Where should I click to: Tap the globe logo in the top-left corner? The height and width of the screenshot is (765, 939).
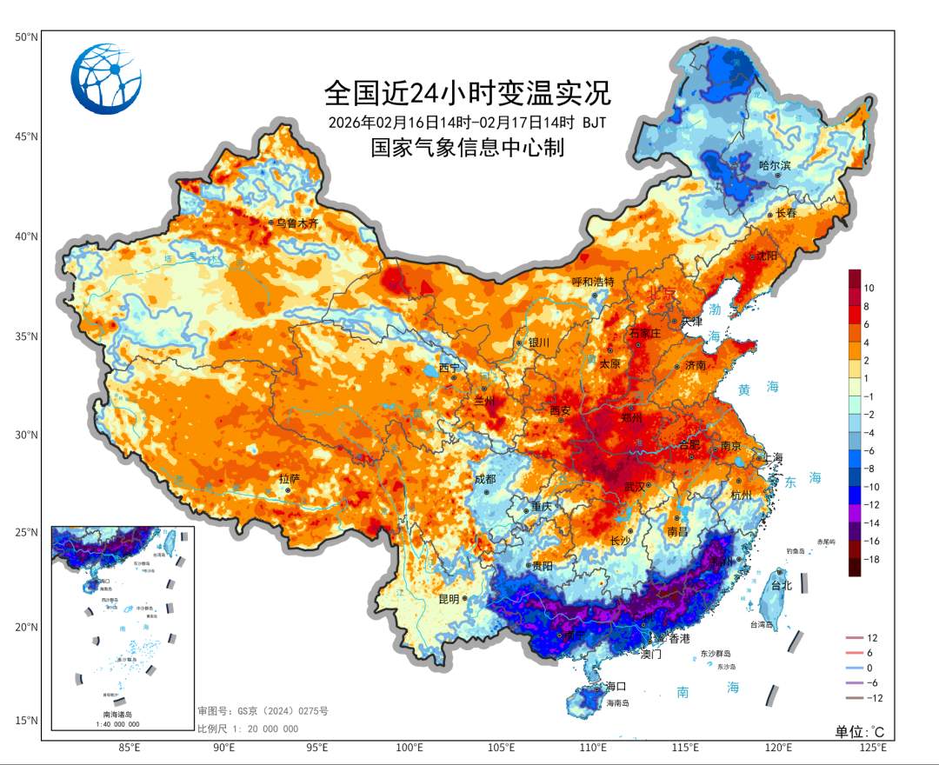[x=106, y=79]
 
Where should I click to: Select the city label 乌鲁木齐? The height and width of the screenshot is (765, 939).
[x=297, y=223]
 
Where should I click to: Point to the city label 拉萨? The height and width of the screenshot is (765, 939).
[x=289, y=479]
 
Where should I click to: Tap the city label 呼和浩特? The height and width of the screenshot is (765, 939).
[x=593, y=282]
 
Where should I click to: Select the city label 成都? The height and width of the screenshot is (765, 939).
[x=484, y=479]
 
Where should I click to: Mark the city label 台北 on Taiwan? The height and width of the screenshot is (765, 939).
[x=782, y=586]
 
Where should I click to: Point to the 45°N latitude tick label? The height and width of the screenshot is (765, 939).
[x=26, y=136]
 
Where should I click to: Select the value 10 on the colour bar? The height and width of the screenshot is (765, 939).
[x=869, y=287]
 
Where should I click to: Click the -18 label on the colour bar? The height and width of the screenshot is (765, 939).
[x=871, y=560]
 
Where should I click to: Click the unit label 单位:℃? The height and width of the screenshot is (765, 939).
[x=859, y=732]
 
